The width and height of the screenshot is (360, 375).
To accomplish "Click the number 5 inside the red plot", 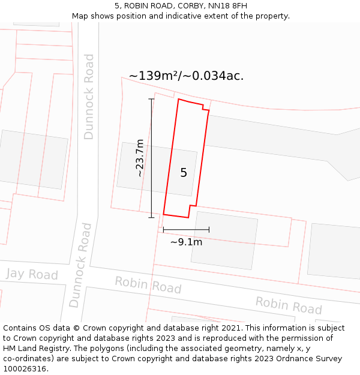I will click(x=184, y=173).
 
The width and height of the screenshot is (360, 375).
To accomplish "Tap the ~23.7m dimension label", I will click(x=140, y=158).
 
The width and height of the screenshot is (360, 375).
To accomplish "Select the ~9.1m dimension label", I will click(x=186, y=242).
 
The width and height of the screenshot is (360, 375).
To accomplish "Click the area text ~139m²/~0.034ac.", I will click(x=186, y=76).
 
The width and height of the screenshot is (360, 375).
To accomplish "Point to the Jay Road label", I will click(x=32, y=275).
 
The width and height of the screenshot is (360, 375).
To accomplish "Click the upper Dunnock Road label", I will click(x=89, y=97).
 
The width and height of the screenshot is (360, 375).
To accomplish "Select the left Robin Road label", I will click(x=148, y=284).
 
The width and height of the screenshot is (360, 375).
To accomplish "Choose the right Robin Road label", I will click(x=289, y=305).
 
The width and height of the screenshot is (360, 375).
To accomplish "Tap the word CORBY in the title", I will click(x=187, y=6).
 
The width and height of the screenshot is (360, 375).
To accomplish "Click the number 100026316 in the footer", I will click(x=24, y=369).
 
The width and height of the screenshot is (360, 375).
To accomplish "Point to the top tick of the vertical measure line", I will click(x=151, y=99).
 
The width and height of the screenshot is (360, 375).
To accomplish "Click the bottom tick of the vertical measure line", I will click(x=151, y=217).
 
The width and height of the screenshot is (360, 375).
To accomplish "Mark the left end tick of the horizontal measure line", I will click(x=164, y=229).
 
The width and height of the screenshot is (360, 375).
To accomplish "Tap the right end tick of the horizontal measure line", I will click(x=209, y=229).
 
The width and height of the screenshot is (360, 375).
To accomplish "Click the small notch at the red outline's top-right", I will click(x=206, y=109).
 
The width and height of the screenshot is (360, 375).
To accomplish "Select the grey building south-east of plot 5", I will click(x=224, y=240).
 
